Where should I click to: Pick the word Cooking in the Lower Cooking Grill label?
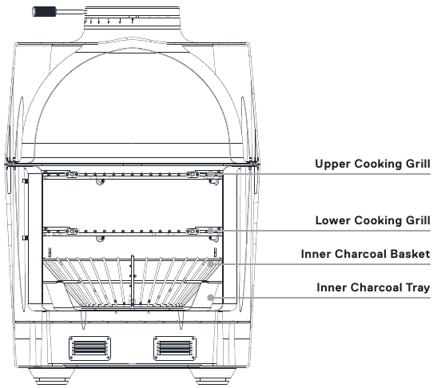[x=380, y=220]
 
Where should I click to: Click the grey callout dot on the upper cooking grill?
[x=211, y=173]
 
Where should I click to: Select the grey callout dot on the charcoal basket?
[x=212, y=262]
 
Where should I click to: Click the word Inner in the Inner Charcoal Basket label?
[x=316, y=255]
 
